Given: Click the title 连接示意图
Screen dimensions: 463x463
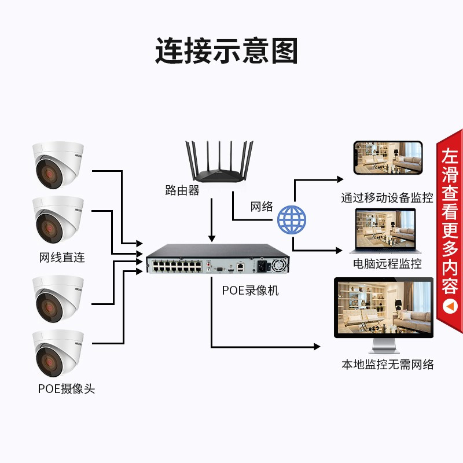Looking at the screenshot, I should tap(226, 51).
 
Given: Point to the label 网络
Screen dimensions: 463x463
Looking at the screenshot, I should tap(262, 207).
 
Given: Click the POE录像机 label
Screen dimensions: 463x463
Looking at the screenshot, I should tap(250, 290).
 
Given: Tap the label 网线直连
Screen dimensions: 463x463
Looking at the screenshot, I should tap(62, 258).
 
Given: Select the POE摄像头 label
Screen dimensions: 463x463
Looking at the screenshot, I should tap(66, 389).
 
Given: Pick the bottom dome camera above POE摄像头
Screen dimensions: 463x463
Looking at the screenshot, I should tap(58, 354).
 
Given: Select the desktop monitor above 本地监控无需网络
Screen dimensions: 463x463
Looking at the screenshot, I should tap(384, 313).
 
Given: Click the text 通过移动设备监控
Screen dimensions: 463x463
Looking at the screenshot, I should tap(387, 198).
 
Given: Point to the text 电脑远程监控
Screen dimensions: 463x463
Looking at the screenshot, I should tap(387, 264).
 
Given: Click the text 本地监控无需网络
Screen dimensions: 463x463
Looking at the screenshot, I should tap(387, 364).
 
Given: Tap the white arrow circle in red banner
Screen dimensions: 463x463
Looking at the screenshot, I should tap(450, 304).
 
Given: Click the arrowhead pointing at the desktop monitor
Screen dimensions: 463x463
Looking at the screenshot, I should tap(317, 347).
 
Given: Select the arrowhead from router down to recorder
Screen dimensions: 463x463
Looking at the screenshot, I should tap(212, 238).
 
